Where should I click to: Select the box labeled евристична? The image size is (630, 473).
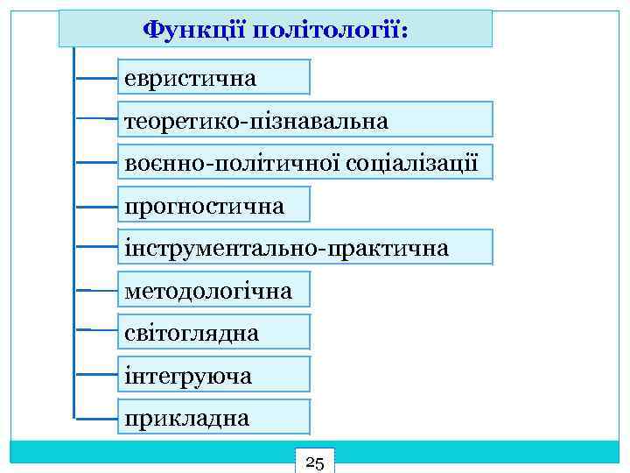213,77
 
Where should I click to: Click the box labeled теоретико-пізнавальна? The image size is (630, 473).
304,119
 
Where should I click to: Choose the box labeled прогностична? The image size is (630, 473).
213,206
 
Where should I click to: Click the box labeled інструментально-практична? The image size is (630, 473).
304,248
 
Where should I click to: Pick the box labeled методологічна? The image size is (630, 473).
213,289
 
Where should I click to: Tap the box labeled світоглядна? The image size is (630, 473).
213,333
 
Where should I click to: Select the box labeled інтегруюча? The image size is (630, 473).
213,375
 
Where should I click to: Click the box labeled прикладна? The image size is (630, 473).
213,417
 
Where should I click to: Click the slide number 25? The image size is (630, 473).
316,462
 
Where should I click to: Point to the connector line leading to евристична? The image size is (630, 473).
96,77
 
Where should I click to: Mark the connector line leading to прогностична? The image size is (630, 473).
96,206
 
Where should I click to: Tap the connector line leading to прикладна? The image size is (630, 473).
96,417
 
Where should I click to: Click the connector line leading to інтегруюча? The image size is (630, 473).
96,375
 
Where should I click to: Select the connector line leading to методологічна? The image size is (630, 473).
96,289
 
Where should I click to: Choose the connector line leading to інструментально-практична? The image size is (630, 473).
96,248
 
